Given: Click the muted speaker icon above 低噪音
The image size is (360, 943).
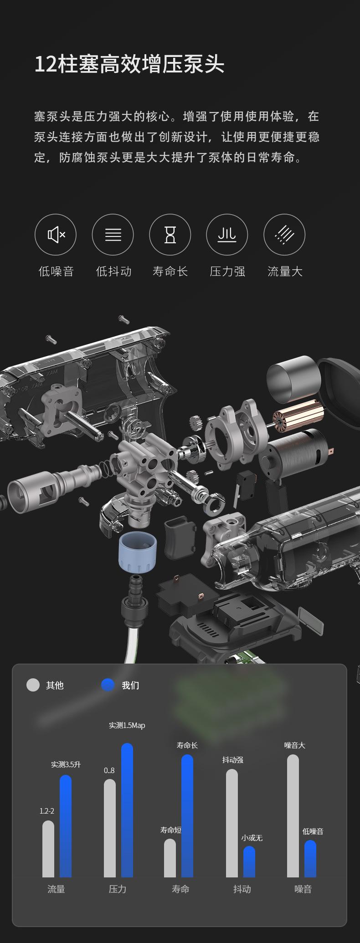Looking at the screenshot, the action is point(56,235).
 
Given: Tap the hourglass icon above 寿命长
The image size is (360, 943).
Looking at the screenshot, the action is point(170,235).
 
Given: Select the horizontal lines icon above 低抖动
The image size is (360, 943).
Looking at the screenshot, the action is point(113,235).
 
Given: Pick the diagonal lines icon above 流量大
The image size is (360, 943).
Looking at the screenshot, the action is point(284,235).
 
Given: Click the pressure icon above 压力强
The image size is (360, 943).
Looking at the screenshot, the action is point(227,235).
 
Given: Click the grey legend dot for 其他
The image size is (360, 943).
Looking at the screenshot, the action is point(33,685).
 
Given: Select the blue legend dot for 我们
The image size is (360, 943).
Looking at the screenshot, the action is point(108,685).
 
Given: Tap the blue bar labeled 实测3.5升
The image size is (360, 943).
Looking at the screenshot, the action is point(66,826).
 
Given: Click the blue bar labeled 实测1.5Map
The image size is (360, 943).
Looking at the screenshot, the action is point(127,810).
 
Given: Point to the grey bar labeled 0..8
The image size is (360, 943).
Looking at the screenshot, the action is point(110,828).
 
